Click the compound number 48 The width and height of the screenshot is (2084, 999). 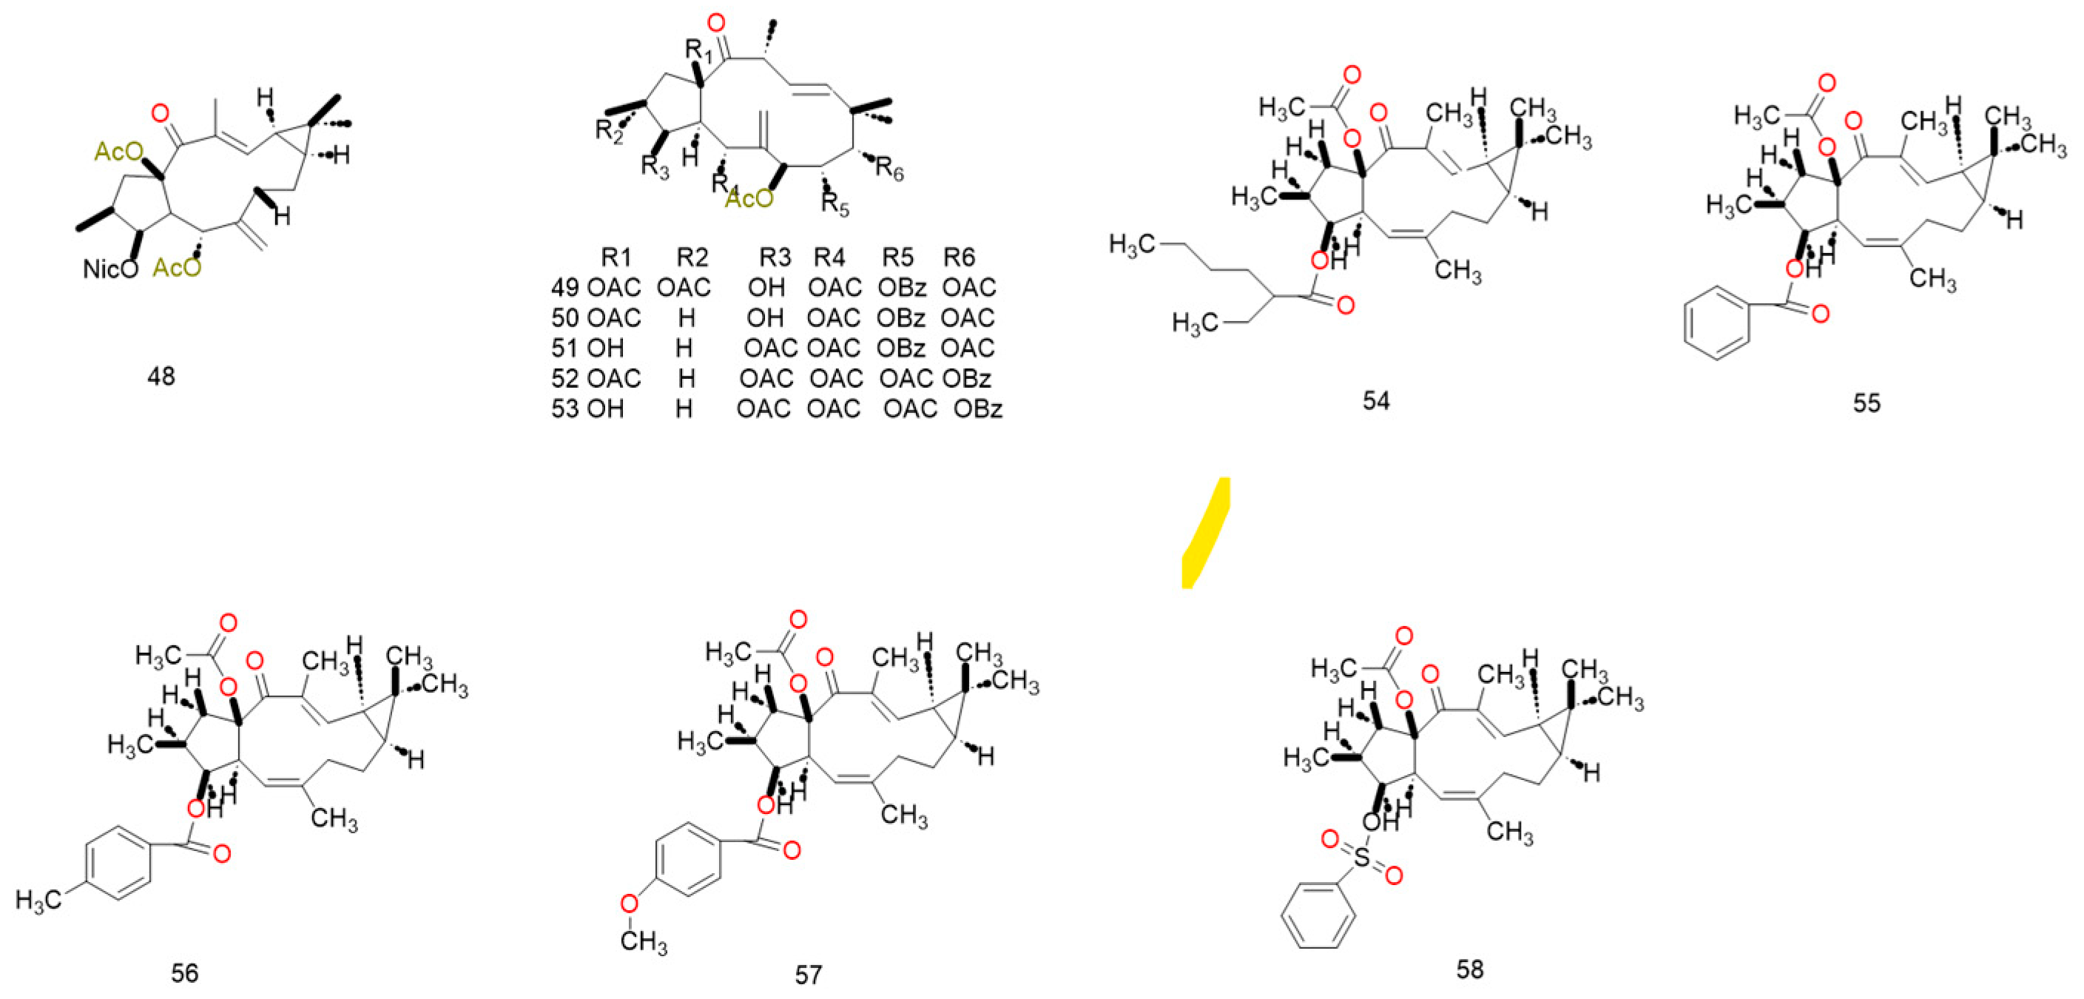161,376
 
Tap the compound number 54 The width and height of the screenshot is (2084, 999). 1375,400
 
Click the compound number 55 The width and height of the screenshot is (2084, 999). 1867,403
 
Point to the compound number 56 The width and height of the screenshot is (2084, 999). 184,972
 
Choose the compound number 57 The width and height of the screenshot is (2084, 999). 807,975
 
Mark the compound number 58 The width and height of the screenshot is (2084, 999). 1469,969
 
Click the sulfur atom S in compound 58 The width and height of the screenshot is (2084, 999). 1363,858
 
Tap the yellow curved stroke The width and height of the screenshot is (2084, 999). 1205,534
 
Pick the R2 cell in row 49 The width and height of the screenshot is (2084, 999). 684,287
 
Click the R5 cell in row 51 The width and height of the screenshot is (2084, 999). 900,348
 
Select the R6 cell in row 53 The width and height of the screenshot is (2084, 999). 977,408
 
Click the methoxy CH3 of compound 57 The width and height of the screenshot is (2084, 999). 644,941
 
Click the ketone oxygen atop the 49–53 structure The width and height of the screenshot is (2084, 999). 715,23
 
